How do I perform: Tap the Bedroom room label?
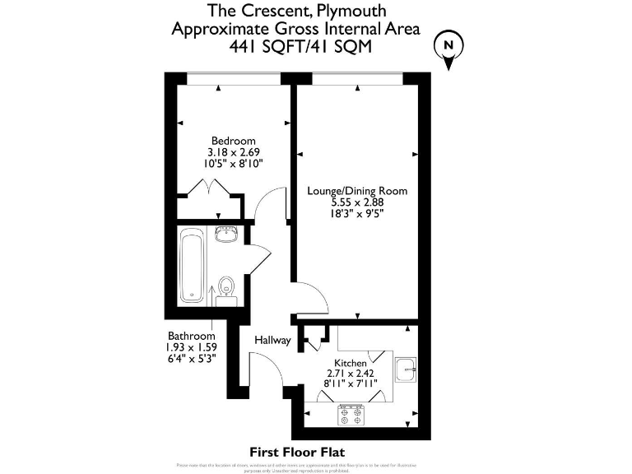pyautogui.click(x=233, y=141)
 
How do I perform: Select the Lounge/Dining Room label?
pyautogui.click(x=357, y=191)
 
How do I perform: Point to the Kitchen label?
pyautogui.click(x=350, y=363)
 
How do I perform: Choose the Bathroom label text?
pyautogui.click(x=192, y=336)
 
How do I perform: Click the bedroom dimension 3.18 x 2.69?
pyautogui.click(x=233, y=152)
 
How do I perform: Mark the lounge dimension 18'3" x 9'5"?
pyautogui.click(x=357, y=213)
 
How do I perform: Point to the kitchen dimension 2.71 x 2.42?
pyautogui.click(x=350, y=374)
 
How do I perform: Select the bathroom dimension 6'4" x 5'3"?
pyautogui.click(x=192, y=359)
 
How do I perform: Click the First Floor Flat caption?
pyautogui.click(x=296, y=452)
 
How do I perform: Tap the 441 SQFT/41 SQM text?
pyautogui.click(x=300, y=47)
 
